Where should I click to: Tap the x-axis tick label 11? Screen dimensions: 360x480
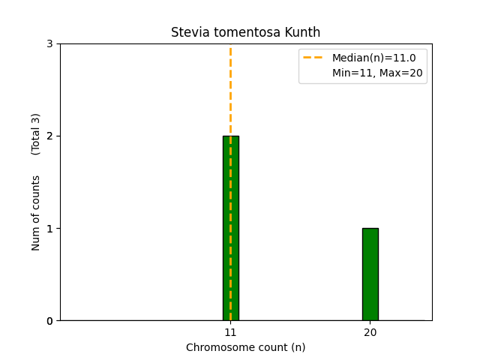coord(230,333)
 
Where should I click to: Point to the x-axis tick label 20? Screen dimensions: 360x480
coord(370,333)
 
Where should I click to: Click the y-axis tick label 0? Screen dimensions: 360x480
coord(49,321)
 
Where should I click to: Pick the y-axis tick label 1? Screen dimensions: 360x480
coord(49,229)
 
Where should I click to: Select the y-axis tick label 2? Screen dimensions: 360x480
coord(49,136)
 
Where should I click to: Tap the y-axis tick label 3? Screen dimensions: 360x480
coord(49,44)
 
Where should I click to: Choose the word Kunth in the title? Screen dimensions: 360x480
coord(304,33)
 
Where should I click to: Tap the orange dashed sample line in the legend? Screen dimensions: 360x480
coord(313,58)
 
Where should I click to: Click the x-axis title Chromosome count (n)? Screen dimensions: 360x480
coord(245,347)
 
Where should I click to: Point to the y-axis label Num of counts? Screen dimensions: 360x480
coord(36,213)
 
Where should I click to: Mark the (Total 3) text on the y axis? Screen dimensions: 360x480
coord(36,134)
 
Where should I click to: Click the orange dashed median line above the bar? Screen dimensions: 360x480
coord(230,90)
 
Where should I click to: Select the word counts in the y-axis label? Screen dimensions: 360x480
coord(36,192)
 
